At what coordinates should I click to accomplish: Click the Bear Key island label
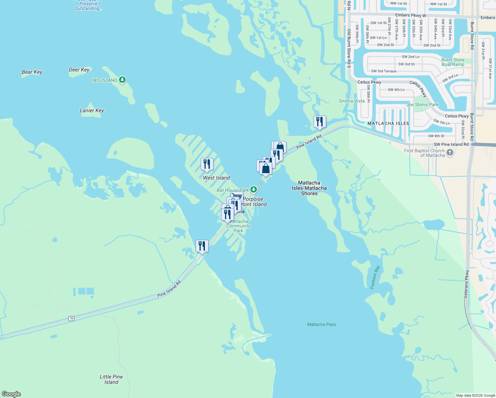tap(32, 72)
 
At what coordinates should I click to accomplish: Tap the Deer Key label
tap(79, 70)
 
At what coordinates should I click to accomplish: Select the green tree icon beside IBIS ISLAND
tap(122, 80)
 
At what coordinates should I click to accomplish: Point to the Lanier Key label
tap(92, 110)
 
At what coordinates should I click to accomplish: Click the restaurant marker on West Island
tap(207, 164)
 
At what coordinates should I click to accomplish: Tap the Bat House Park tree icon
tap(254, 190)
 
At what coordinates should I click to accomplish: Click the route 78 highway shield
tap(71, 318)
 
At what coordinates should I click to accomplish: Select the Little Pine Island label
tap(111, 379)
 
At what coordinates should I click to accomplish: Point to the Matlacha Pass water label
tap(321, 324)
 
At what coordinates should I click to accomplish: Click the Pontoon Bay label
tap(375, 277)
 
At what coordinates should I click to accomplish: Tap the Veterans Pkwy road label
tap(466, 284)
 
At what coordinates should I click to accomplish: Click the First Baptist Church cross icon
tap(450, 153)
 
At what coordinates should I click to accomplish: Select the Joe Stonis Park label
tap(422, 104)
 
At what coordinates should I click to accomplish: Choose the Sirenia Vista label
tap(351, 101)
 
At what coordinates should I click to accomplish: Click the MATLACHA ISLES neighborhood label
tap(388, 123)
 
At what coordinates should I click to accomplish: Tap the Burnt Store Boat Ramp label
tap(453, 62)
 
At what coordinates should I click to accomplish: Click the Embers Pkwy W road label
tap(410, 15)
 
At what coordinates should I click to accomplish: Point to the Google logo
tap(11, 394)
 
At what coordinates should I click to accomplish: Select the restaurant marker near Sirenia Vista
tap(320, 122)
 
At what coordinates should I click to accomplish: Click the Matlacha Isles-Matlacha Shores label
tap(309, 188)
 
